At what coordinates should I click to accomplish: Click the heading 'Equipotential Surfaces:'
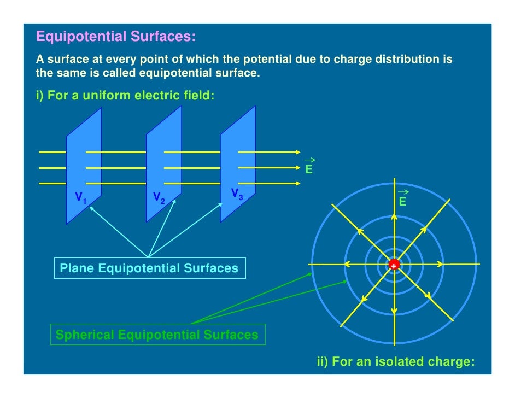115,37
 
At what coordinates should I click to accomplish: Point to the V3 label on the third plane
237,194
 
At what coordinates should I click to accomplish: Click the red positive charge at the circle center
394,265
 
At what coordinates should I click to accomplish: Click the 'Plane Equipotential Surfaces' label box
149,268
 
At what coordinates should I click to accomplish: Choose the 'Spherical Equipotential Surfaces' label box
157,335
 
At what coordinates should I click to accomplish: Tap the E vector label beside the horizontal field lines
309,169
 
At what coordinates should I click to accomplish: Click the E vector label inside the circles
403,202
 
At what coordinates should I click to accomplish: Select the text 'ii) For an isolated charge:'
396,362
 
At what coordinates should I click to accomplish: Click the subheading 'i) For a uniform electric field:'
125,96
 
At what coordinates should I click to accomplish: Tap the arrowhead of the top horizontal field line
297,152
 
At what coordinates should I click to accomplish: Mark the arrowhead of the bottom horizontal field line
297,184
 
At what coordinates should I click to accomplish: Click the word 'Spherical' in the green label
85,335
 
